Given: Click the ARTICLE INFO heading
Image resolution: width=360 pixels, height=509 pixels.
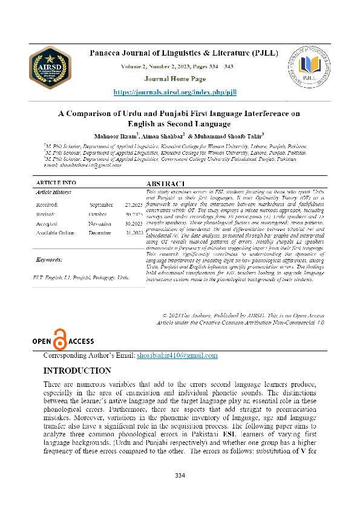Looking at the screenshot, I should click(x=56, y=182).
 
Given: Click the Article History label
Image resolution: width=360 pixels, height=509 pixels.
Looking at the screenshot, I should click(x=54, y=192).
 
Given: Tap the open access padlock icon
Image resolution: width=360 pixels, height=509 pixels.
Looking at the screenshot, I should click(x=59, y=341).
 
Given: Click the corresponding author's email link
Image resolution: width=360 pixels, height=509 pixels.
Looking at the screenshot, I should click(x=168, y=356).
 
